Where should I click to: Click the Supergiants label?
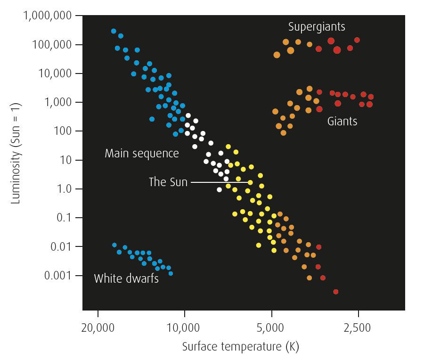click(x=317, y=26)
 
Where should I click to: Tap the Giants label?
click(x=342, y=121)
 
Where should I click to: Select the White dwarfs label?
click(x=126, y=278)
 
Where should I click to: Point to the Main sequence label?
click(x=142, y=154)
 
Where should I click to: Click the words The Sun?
click(x=168, y=182)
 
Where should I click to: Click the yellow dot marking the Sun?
click(x=250, y=182)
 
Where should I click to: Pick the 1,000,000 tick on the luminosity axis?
click(x=48, y=16)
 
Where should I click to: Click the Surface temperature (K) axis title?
click(x=240, y=347)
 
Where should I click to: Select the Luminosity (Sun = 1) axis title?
click(x=16, y=160)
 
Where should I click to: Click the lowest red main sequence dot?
click(x=336, y=292)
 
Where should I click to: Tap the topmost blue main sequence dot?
click(x=114, y=31)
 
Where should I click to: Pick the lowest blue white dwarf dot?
click(x=171, y=273)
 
